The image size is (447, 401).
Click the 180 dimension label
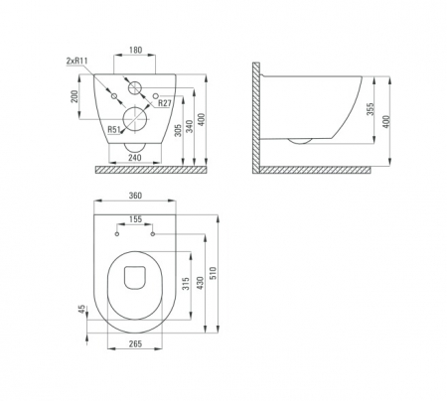click(x=135, y=50)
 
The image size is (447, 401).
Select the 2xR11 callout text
click(x=76, y=61)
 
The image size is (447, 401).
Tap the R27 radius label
click(x=164, y=103)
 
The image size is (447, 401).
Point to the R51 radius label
click(x=114, y=129)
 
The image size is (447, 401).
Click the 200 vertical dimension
click(x=74, y=96)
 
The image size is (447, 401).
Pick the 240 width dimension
click(x=135, y=158)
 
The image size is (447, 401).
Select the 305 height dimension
click(x=178, y=131)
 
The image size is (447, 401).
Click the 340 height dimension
click(x=189, y=126)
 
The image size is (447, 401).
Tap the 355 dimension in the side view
click(x=371, y=109)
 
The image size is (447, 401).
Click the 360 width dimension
click(x=135, y=196)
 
